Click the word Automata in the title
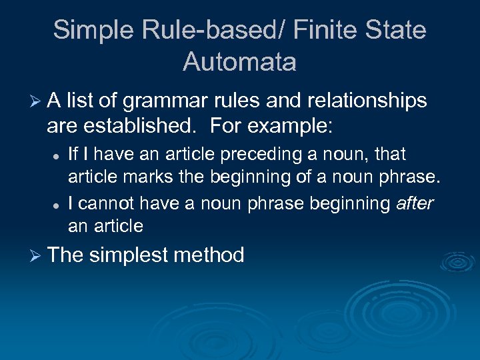[239, 62]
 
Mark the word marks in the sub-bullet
[133, 177]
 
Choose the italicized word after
[415, 203]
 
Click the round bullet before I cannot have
[56, 204]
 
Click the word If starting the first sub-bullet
[73, 155]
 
